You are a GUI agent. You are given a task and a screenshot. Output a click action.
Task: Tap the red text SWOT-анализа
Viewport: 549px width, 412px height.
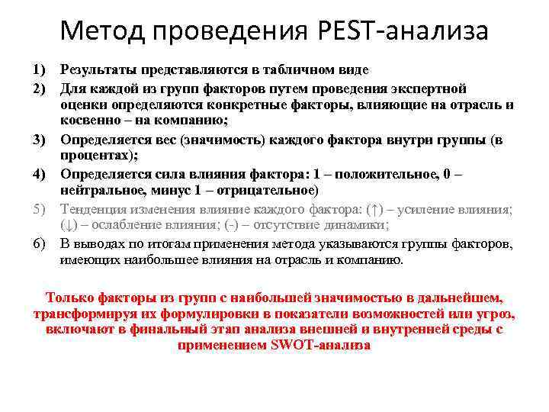click(x=320, y=344)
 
